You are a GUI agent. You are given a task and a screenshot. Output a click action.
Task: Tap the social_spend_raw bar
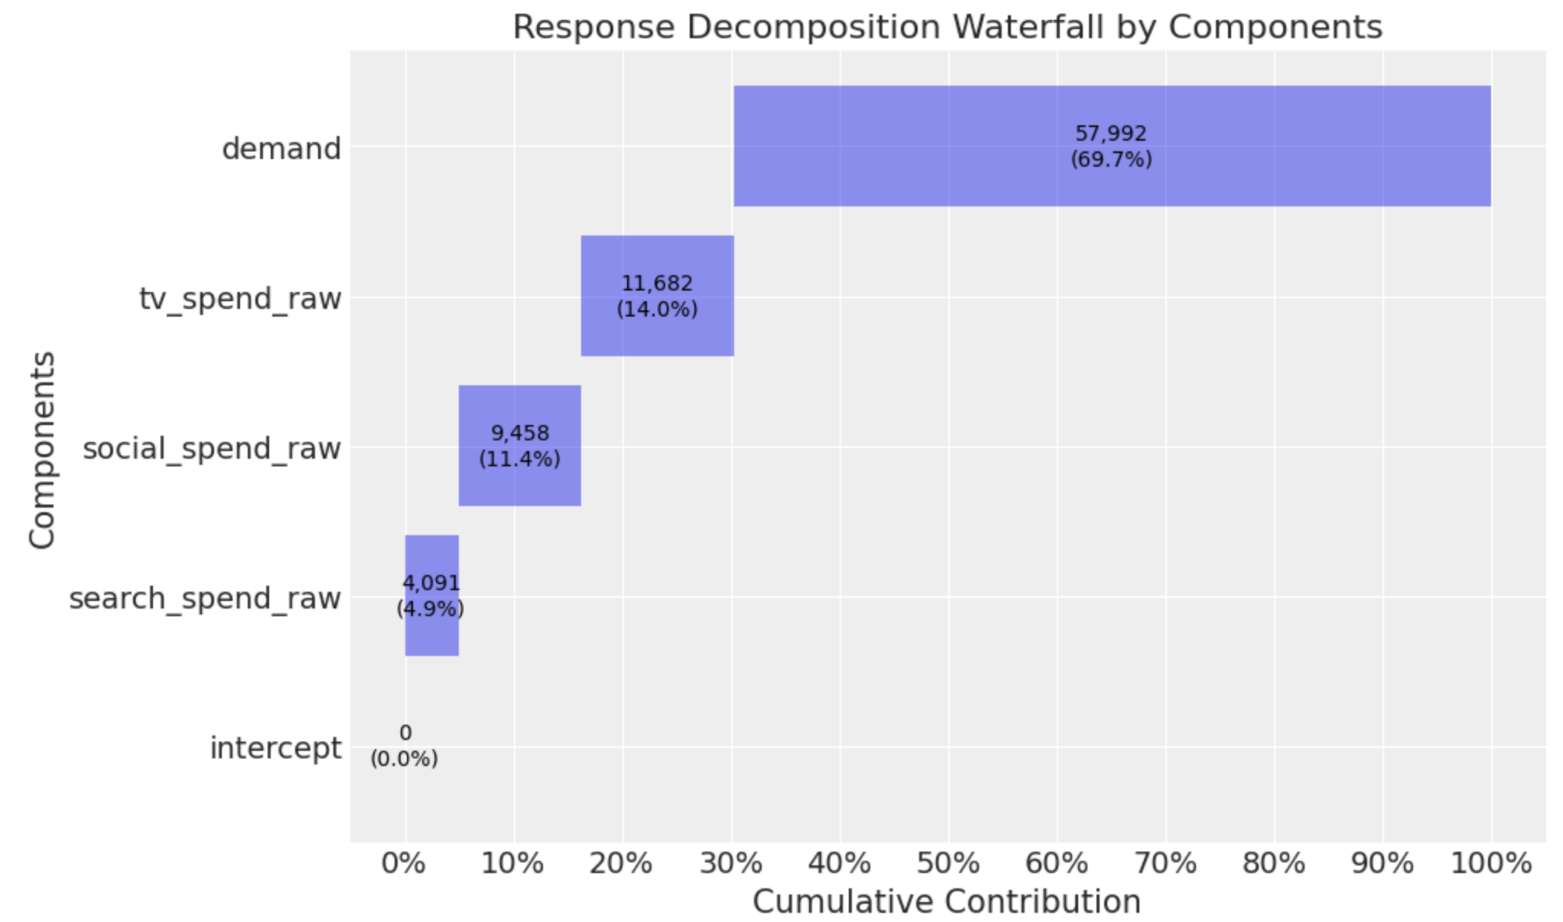520,485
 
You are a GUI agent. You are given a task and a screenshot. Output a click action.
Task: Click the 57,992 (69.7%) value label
1111,146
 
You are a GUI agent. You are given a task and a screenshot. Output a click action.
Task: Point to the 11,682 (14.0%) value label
657,296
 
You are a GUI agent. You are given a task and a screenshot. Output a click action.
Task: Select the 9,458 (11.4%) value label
520,446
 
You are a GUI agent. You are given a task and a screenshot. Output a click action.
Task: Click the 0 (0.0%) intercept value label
405,745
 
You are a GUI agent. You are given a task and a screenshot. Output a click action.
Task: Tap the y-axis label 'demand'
281,148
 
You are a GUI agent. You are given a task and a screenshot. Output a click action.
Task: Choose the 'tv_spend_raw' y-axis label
240,298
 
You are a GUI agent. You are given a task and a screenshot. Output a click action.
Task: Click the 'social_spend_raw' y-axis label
212,448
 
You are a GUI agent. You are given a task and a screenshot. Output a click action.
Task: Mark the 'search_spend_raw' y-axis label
205,598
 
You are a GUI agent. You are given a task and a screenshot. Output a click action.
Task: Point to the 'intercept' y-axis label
275,748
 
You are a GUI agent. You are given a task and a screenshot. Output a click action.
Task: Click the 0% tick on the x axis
404,864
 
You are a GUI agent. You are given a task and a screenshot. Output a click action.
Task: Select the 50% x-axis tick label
948,864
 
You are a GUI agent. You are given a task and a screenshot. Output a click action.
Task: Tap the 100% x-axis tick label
1490,864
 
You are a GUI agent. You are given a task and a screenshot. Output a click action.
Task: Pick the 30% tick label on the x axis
731,864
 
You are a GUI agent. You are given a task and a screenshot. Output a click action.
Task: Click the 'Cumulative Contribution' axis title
947,902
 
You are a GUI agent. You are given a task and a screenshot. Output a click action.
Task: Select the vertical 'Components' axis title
42,450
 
